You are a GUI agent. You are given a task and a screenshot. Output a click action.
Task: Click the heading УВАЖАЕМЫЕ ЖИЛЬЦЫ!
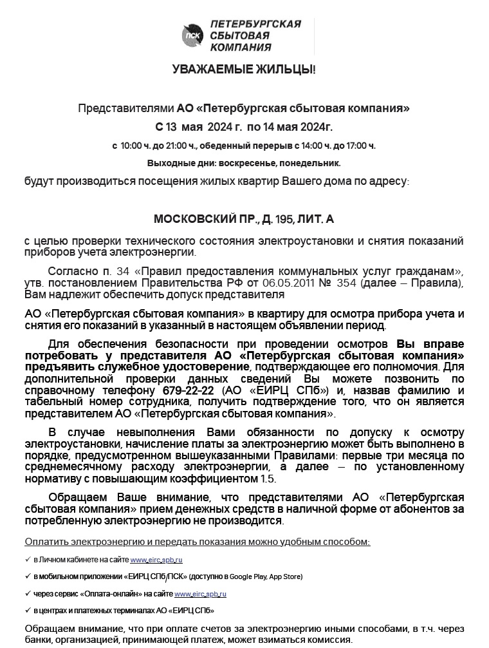244,69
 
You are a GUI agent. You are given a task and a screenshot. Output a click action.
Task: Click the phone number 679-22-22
187,390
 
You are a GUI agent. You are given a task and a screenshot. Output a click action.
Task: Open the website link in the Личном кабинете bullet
156,560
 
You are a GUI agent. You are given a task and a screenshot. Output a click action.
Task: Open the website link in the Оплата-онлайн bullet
200,594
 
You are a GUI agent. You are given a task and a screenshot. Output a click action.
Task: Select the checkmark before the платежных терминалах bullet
28,610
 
